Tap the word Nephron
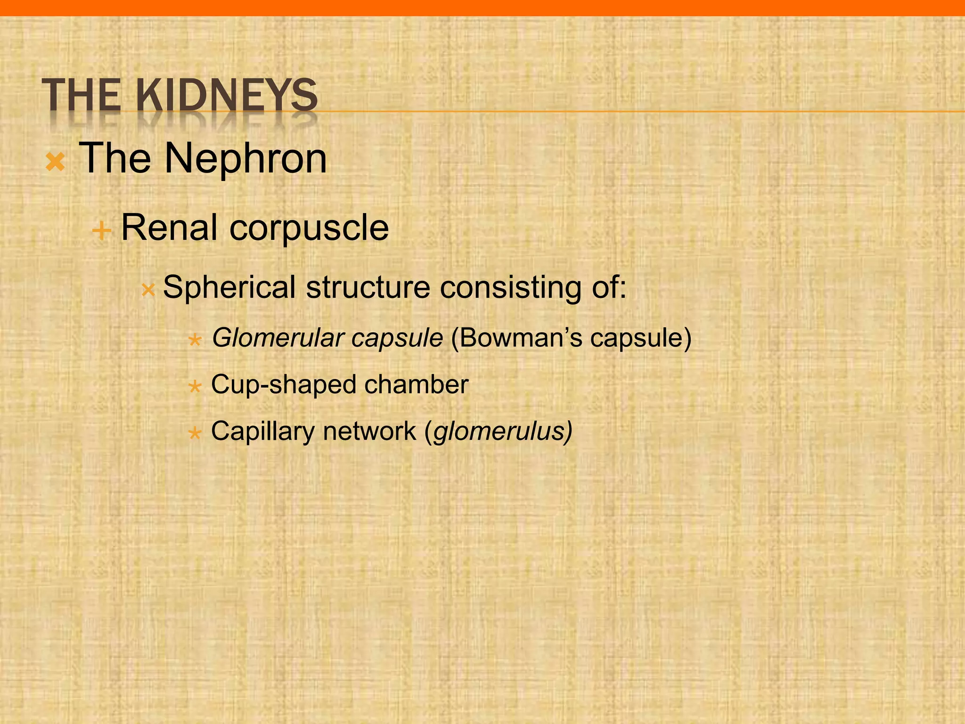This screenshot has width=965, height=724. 245,158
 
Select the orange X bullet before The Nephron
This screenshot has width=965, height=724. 55,162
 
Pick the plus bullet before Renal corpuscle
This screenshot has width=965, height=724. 101,231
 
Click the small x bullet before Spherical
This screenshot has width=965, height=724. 148,290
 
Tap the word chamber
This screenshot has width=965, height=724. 416,384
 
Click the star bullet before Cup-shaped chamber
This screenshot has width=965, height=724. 195,387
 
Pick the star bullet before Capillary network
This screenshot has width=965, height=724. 195,433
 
